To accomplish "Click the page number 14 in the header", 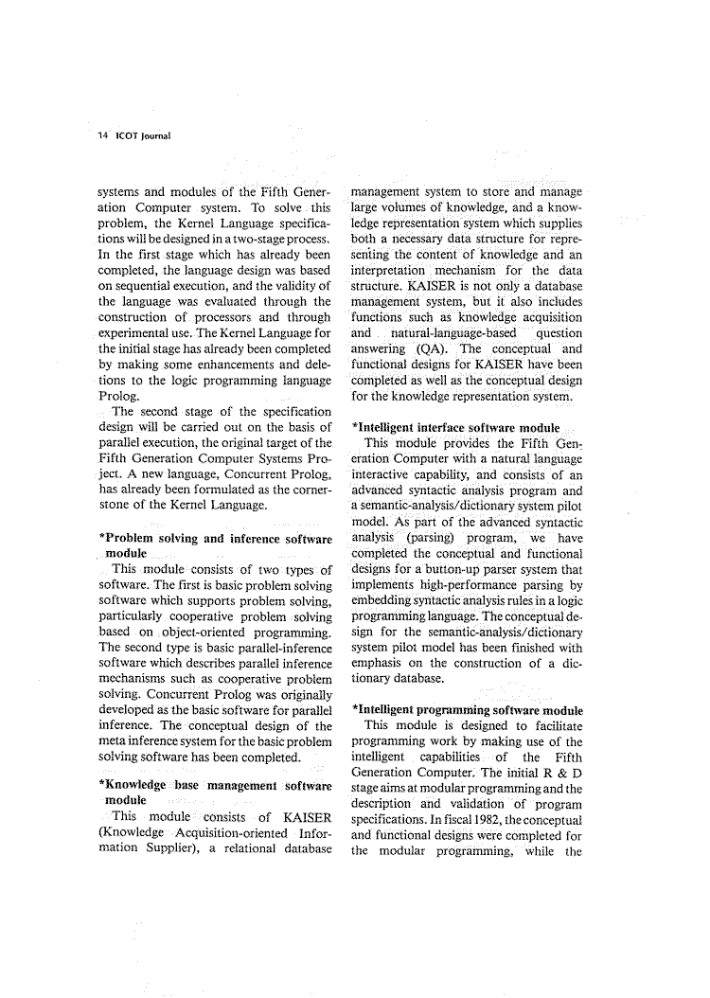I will point(103,134).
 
